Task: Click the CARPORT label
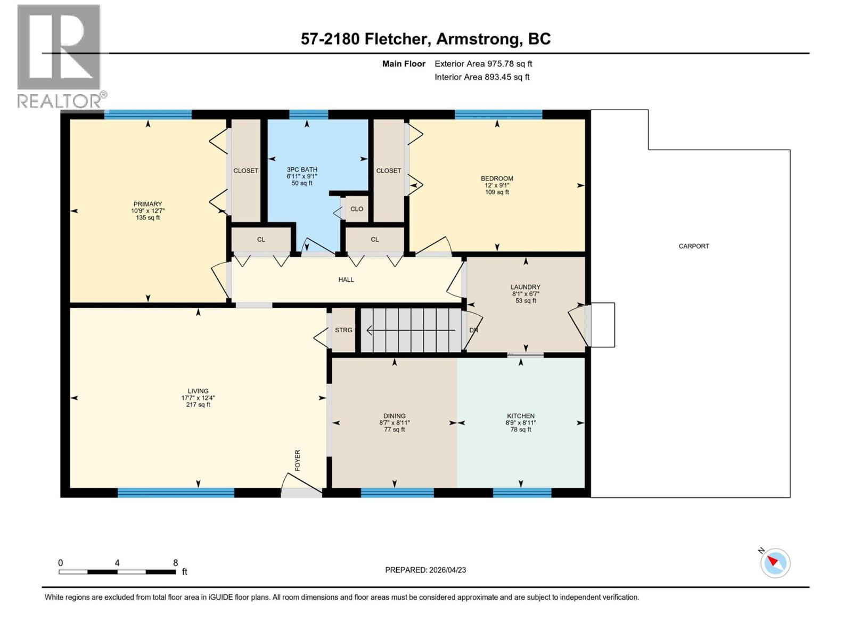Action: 693,246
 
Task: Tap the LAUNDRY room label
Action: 525,287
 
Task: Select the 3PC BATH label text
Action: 302,170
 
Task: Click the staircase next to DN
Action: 411,330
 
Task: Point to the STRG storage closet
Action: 343,330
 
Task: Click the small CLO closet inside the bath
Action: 357,209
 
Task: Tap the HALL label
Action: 346,280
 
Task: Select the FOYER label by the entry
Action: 298,460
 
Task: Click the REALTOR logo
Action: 60,56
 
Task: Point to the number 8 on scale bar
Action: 175,563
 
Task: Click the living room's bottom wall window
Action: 176,493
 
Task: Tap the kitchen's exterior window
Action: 522,493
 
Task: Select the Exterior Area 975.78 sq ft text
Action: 483,64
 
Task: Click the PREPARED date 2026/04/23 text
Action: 425,570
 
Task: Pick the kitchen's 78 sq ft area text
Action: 521,430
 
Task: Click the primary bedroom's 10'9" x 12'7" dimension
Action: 148,211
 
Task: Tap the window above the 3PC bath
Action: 308,114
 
